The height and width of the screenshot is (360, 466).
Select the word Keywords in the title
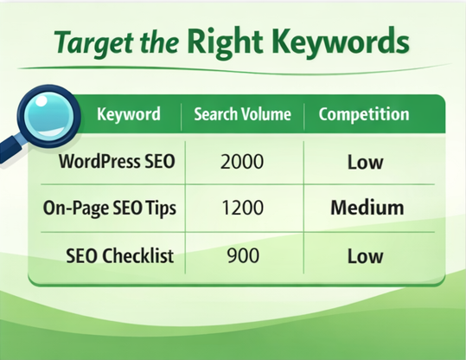click(x=345, y=40)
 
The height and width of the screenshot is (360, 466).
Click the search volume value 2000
click(x=242, y=162)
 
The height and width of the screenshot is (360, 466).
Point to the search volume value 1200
click(x=242, y=209)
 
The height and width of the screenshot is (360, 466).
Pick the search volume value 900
click(x=242, y=256)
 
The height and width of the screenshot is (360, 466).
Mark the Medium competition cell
click(x=367, y=209)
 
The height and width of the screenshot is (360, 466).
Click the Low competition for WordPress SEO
click(x=365, y=162)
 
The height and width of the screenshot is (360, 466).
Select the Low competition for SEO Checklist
click(x=365, y=256)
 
